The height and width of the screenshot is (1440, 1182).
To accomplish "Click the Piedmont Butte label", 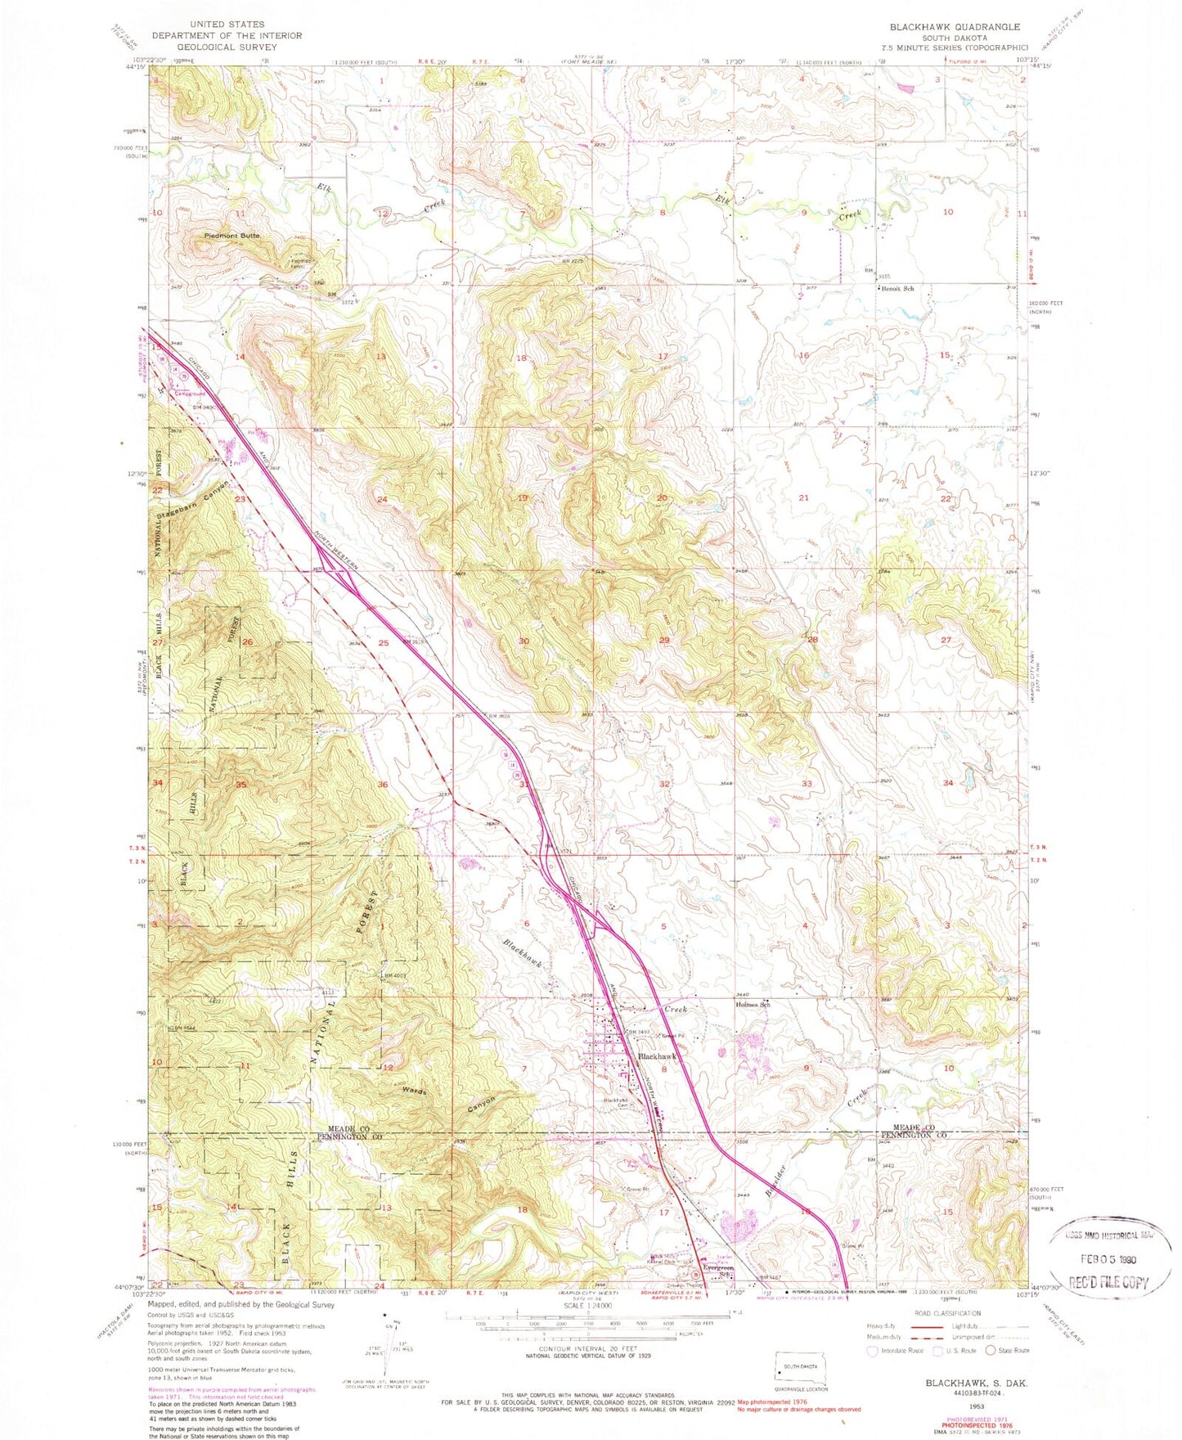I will [x=231, y=236].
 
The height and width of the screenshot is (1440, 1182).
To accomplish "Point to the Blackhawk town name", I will [x=660, y=1056].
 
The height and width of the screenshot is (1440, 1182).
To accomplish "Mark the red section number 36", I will [x=381, y=785].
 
